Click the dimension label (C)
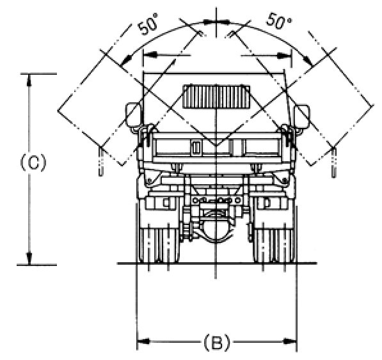coord(33,162)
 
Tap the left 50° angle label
coord(148,24)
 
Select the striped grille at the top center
coord(216,97)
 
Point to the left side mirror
coord(133,117)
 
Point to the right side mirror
coord(302,117)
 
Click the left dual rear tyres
coord(159,246)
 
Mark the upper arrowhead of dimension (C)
coord(29,79)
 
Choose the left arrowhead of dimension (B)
coord(143,341)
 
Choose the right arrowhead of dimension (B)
coord(290,341)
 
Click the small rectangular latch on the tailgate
coord(196,147)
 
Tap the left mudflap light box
coord(161,203)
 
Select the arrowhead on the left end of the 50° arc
coord(127,61)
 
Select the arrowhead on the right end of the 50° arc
coord(308,61)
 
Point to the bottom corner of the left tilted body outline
coord(122,166)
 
